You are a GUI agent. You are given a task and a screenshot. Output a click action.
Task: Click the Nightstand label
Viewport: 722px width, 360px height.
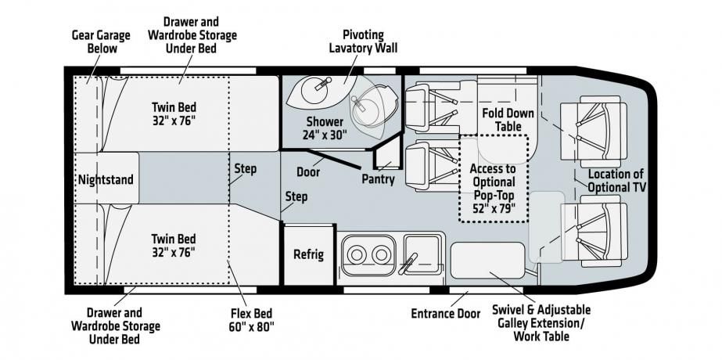106,179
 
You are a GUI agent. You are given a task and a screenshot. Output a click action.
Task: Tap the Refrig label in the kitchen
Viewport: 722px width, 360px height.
308,254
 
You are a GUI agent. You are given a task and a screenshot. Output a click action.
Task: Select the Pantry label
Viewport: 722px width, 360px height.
378,179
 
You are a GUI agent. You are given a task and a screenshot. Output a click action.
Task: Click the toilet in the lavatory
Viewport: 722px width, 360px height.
367,110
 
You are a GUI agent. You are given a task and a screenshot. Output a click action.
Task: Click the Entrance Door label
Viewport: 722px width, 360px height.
445,314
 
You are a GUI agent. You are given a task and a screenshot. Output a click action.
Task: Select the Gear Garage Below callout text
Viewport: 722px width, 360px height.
95,42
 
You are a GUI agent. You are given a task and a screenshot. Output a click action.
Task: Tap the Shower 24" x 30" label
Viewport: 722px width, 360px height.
325,128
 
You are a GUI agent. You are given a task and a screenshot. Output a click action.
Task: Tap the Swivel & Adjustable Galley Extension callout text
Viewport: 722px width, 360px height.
541,323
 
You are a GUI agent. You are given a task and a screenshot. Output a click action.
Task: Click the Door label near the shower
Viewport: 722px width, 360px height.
308,171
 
